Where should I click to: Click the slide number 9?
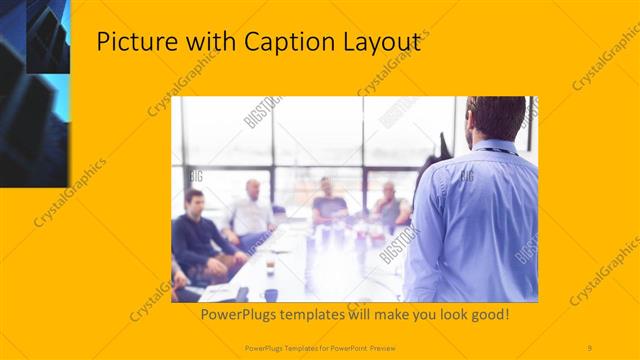tap(590, 347)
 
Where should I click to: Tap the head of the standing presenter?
tap(496, 118)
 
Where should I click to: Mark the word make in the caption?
tap(385, 315)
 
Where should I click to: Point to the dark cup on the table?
tap(270, 294)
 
